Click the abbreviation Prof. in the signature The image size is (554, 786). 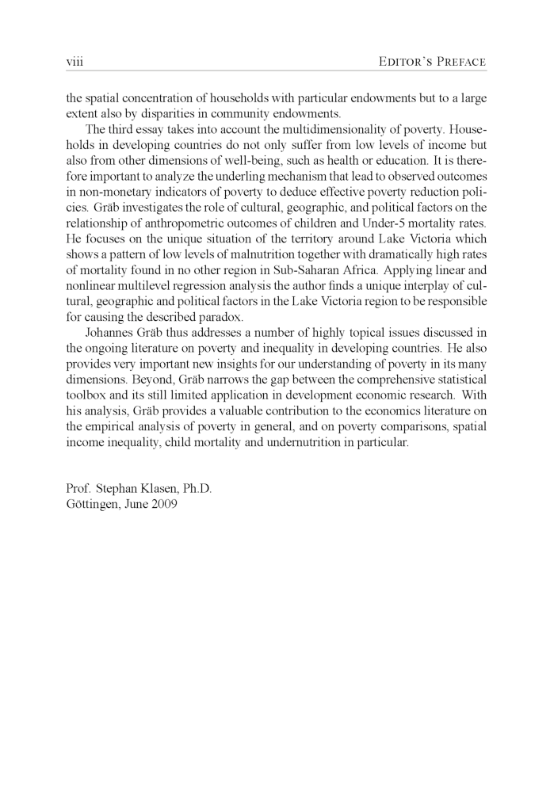(80, 489)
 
